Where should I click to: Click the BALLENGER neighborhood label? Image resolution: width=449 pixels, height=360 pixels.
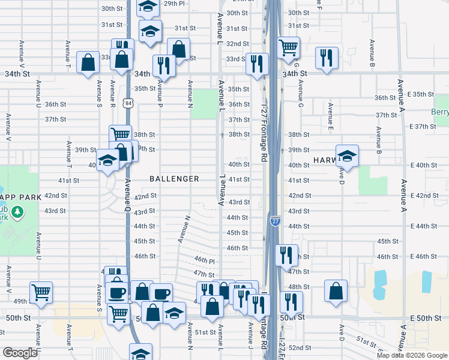coord(175,179)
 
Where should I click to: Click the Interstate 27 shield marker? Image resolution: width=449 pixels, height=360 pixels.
coord(274,221)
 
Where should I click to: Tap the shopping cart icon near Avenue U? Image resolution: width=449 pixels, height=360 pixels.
coord(41,292)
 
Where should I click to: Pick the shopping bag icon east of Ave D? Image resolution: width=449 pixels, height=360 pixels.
coord(336,290)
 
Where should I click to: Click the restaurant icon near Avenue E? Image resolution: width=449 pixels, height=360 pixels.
coord(327,58)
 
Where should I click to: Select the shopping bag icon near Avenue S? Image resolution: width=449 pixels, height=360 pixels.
coord(88,62)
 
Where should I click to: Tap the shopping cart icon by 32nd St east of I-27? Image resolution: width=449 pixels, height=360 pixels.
coord(288,47)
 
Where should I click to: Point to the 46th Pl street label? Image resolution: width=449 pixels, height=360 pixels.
coord(205,260)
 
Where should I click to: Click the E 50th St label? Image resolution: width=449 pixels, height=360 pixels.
coord(421,317)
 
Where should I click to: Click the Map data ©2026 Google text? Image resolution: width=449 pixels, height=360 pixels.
coord(412,355)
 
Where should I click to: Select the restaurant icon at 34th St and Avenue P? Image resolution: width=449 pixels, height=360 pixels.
coord(163,65)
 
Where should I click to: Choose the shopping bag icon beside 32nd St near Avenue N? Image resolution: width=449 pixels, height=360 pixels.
coord(178,49)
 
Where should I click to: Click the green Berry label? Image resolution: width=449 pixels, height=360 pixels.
coord(440,112)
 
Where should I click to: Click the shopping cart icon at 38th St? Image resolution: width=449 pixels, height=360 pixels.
coord(120,135)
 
